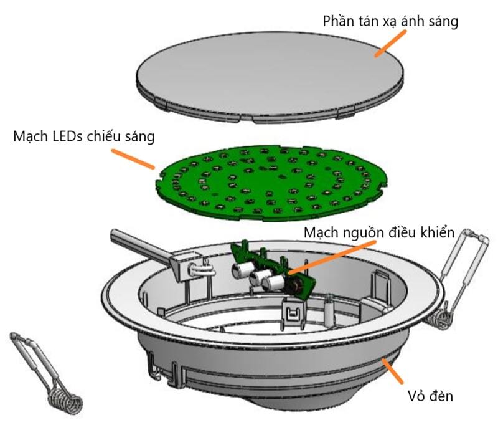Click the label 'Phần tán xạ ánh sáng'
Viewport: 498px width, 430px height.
coord(390,21)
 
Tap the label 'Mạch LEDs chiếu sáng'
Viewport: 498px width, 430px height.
coord(84,136)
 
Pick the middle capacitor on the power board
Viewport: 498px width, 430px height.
coord(256,278)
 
